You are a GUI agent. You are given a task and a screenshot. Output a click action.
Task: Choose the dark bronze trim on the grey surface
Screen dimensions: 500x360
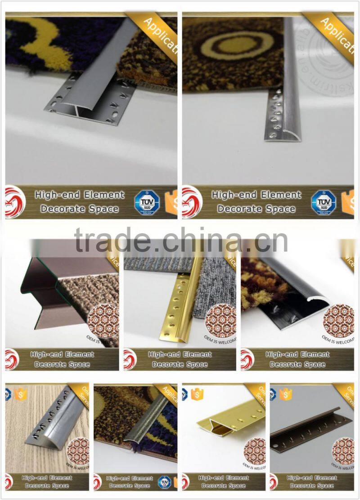click(310, 432)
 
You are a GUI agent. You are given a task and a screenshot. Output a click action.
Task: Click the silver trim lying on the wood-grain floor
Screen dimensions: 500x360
click(54, 423)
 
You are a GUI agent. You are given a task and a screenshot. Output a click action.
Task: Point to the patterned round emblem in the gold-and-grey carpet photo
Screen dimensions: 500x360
click(220, 322)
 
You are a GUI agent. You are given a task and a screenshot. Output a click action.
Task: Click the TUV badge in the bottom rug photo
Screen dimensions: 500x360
click(164, 482)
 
